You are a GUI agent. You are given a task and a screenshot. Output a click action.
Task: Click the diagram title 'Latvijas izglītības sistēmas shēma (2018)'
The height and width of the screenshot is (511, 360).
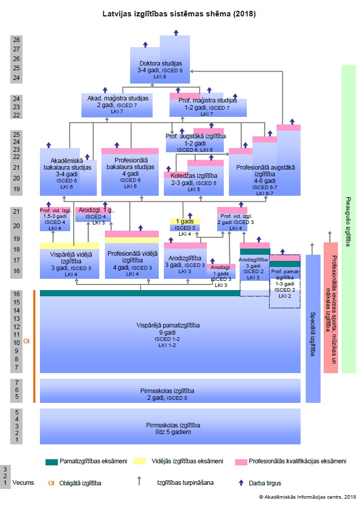tap(179, 14)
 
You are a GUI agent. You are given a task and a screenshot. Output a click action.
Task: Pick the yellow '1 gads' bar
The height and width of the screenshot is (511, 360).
tap(185, 221)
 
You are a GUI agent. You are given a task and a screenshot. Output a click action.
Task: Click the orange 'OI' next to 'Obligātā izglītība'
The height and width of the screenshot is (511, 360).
tap(51, 483)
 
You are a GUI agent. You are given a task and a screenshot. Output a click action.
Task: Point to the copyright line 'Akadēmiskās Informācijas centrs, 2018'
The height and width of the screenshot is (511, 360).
tap(307, 497)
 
